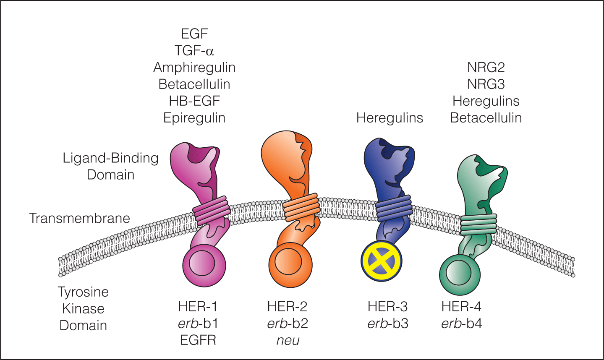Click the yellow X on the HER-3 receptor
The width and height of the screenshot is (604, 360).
[382, 261]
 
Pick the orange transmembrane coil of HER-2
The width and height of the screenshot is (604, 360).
[301, 207]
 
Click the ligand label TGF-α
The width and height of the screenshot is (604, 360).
[194, 51]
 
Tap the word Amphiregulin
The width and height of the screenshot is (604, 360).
[194, 68]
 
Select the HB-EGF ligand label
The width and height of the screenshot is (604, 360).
[194, 101]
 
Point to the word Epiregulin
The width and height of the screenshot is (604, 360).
[194, 118]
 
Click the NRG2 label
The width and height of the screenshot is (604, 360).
[486, 68]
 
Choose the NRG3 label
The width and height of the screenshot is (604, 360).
[486, 84]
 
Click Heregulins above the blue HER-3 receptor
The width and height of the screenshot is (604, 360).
[390, 118]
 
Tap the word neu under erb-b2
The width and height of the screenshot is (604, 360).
[288, 340]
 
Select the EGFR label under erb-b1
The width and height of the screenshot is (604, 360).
[198, 340]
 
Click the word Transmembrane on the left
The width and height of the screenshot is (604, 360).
[79, 218]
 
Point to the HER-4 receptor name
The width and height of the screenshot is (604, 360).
[461, 307]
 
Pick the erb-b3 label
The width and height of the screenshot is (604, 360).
[388, 323]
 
